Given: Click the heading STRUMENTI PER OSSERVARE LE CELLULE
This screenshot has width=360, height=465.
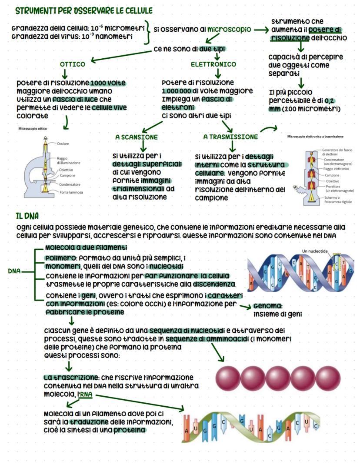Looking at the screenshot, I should pos(83,10).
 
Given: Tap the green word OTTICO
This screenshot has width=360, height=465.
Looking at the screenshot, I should pos(72,64).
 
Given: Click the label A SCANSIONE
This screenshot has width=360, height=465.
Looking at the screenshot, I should pos(136,137).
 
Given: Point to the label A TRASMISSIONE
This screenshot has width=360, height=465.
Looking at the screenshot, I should pos(230,137).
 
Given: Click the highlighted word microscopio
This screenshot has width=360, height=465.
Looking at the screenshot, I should pos(229,30).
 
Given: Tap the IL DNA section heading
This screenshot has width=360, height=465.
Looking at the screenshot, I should pos(28,216).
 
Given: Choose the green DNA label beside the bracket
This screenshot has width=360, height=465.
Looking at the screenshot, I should pos(15,271).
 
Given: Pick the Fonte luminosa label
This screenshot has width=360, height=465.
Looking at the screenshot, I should pos(71,192).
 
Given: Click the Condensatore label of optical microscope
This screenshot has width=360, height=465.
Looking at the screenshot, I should pos(70,184).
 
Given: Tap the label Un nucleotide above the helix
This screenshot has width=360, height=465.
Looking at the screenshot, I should pos(315,251).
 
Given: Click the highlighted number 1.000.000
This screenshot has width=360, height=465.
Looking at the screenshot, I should pos(177,91).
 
